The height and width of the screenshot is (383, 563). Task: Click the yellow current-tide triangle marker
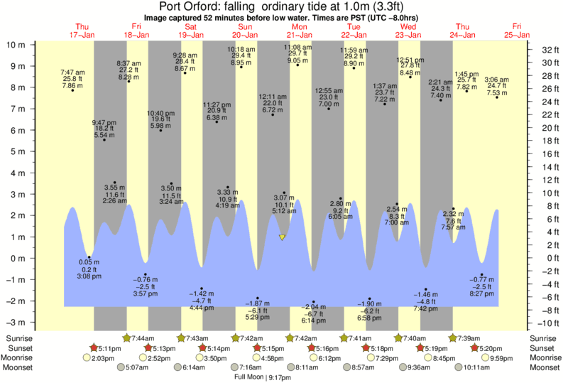pos(283,237)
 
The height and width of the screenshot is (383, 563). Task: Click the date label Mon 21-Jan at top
pos(299,30)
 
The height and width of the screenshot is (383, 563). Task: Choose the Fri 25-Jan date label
pos(517,30)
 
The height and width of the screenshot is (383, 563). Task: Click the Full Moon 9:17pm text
pos(264,377)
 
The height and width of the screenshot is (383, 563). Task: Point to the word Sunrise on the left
pos(18,338)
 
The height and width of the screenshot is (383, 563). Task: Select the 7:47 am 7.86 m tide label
pos(72,79)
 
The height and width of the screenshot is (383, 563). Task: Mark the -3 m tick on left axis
pos(16,322)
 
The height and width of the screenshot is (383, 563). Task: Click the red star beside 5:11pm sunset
pos(94,348)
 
